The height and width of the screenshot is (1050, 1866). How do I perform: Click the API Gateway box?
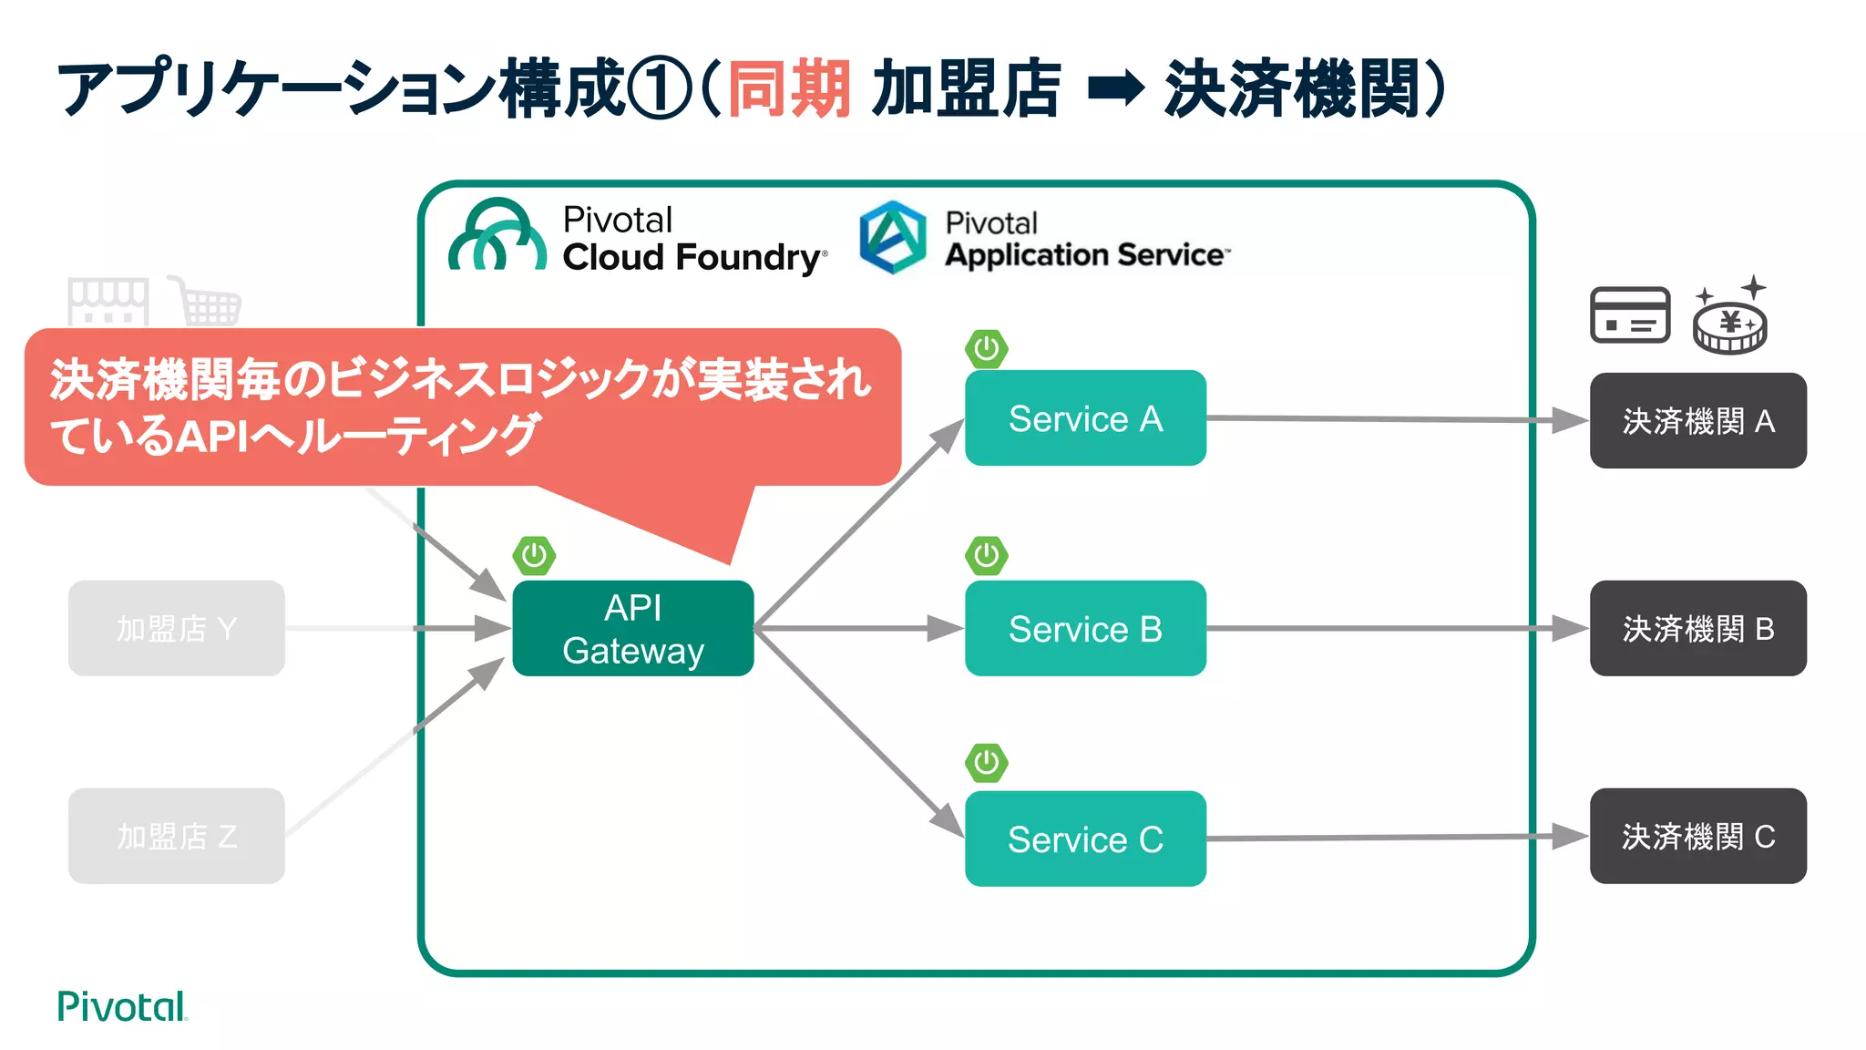[632, 628]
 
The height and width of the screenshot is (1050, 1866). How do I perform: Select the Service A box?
[1085, 418]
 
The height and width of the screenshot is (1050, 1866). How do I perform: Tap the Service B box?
[1085, 628]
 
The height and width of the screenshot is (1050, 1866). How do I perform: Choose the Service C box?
[1085, 839]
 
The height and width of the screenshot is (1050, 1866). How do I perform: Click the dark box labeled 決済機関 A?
[1697, 421]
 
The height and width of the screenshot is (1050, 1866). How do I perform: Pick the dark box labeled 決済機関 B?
[1697, 628]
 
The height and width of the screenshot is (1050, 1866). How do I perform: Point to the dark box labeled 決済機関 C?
[1697, 836]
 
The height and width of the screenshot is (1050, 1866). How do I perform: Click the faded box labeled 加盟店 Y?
[177, 628]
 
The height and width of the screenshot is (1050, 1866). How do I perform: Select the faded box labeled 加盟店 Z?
[177, 836]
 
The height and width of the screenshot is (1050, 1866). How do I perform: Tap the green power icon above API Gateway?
[534, 555]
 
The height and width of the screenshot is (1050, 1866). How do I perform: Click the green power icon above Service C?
[987, 763]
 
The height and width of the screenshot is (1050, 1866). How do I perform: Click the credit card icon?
[1630, 314]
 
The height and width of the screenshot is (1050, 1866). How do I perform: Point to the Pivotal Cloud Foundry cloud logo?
[497, 235]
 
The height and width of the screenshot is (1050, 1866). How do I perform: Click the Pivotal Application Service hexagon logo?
[893, 237]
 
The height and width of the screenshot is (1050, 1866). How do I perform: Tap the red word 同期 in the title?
[789, 88]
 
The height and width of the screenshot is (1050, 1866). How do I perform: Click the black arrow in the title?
[1116, 88]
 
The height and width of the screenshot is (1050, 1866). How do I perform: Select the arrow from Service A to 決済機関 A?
[1394, 419]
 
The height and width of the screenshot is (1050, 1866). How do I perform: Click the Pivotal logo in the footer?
[121, 1006]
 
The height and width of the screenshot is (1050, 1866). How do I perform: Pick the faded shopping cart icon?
[209, 302]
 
